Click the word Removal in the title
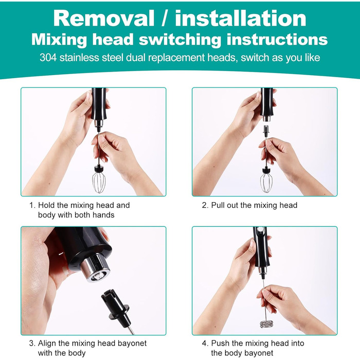[x=104, y=19]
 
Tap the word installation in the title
[x=241, y=18]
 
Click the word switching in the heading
[x=180, y=40]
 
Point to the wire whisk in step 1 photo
[x=99, y=182]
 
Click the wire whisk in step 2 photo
[x=266, y=182]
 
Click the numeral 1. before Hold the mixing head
[x=32, y=205]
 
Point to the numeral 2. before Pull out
[x=205, y=205]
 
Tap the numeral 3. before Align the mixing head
[x=32, y=343]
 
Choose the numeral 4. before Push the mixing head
[x=205, y=343]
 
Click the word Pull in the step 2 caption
[x=218, y=205]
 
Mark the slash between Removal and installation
[x=165, y=19]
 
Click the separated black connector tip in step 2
[x=266, y=131]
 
